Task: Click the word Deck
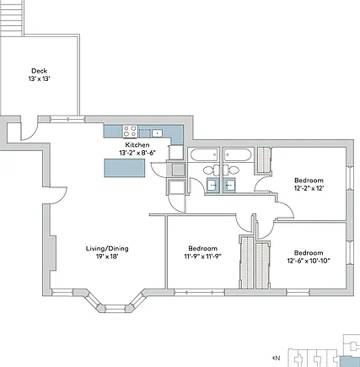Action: pos(39,71)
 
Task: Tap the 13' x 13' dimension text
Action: pos(39,78)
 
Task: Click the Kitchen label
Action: pos(137,145)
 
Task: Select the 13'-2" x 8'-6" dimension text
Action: pos(137,153)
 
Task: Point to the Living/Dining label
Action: pos(107,248)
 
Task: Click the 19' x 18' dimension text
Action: pos(107,256)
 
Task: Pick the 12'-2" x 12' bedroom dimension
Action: pos(309,188)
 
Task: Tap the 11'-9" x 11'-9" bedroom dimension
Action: pos(202,256)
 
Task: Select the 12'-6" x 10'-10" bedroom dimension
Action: pos(309,261)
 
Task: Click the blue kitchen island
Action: pos(125,168)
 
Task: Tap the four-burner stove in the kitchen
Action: pos(130,132)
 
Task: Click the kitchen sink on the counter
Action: pos(157,132)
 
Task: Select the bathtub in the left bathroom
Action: pos(204,155)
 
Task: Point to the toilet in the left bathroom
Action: pos(212,170)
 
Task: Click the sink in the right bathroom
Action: pos(230,186)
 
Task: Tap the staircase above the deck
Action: pos(12,18)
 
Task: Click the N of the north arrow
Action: pos(277,358)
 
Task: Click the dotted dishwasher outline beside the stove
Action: pos(145,133)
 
